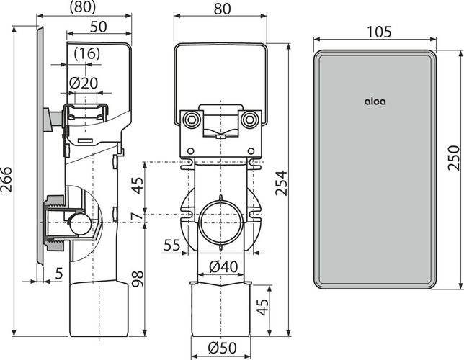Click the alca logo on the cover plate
point(375,102)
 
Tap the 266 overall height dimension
point(6,180)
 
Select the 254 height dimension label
point(282,183)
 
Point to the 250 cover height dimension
point(454,158)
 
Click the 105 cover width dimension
point(380,32)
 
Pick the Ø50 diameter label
point(222,348)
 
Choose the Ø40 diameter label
point(223,267)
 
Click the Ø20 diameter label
point(84,84)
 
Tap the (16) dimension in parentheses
point(87,54)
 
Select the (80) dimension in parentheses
point(83,7)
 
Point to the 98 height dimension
point(138,279)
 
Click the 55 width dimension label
point(172,245)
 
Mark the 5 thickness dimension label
point(59,274)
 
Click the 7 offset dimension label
point(138,216)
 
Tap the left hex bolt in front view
point(189,120)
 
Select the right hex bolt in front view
point(250,120)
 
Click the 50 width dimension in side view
point(99,27)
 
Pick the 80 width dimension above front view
point(222,9)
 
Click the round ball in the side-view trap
point(81,225)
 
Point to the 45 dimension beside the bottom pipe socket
point(262,307)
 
